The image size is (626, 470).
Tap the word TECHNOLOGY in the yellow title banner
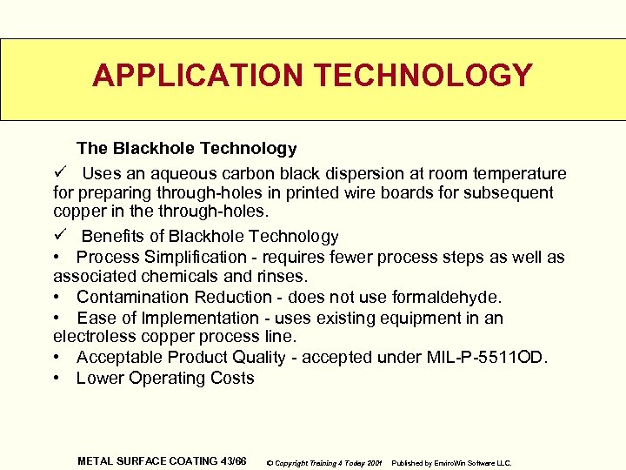coord(423,76)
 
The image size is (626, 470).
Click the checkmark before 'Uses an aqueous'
coord(59,173)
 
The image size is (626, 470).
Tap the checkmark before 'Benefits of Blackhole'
coord(59,236)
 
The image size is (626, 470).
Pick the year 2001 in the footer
coord(375,463)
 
